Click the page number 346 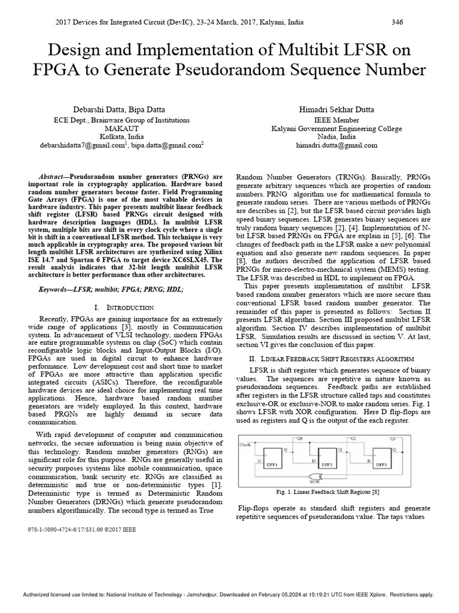click(x=397, y=22)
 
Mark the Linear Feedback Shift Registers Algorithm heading click(x=331, y=358)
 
